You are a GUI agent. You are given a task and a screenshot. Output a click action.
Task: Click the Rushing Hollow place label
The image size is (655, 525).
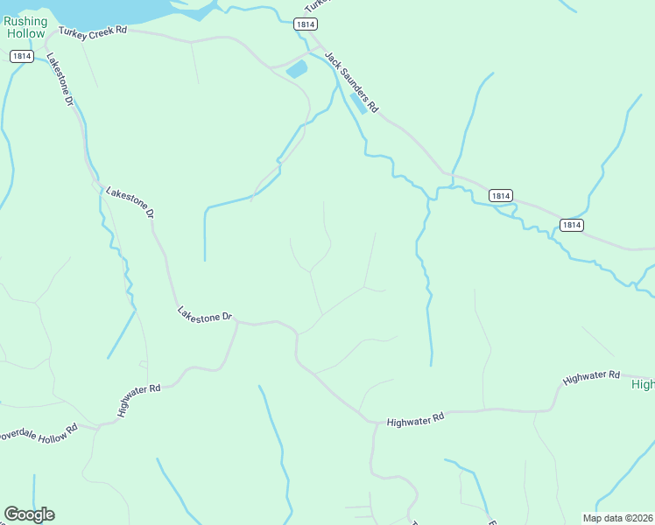tap(25, 27)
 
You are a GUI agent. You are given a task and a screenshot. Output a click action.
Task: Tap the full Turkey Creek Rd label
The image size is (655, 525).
tap(93, 31)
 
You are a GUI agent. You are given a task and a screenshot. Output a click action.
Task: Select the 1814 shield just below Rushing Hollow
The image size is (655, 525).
tap(22, 56)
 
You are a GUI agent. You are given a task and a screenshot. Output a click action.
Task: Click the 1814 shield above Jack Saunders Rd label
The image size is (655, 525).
tap(305, 24)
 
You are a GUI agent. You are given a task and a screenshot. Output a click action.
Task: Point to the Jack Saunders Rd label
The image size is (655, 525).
tap(351, 82)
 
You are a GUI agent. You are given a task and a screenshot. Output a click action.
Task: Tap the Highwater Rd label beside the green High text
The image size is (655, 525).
tap(591, 377)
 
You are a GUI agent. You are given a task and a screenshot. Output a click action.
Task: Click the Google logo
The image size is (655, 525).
tap(29, 514)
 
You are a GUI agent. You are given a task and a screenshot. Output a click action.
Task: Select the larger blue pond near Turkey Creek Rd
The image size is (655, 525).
tap(297, 69)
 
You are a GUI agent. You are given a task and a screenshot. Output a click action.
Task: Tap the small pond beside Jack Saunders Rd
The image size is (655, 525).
tap(358, 103)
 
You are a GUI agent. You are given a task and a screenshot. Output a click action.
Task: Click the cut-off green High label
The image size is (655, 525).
tap(644, 384)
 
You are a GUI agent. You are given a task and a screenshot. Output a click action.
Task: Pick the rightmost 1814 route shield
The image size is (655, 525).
tap(570, 225)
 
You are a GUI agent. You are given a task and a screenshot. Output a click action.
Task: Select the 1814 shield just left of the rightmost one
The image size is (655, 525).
tap(499, 196)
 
